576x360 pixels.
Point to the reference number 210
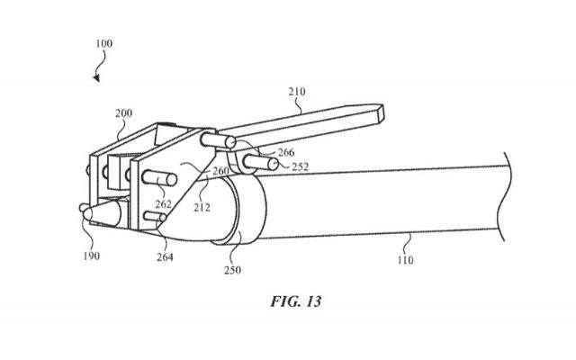click(x=299, y=90)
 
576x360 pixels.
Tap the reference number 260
click(x=220, y=171)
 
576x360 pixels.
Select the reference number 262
click(x=162, y=203)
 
